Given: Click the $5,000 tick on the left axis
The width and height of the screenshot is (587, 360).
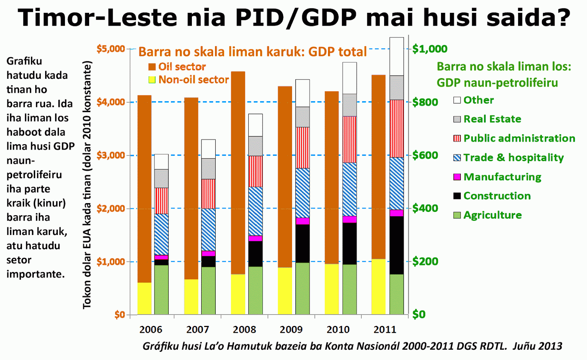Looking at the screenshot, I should point(110,49).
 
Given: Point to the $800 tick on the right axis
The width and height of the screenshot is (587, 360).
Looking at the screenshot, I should point(425,102).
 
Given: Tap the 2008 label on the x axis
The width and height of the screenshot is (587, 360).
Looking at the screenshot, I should point(244,330).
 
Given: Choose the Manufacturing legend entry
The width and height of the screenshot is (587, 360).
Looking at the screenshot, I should point(502,177).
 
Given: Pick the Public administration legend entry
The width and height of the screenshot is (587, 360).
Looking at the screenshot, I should point(519,138).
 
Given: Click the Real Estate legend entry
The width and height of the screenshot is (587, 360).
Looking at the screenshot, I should point(492,119).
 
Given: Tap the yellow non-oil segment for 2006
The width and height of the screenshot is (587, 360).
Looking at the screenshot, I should point(144,298).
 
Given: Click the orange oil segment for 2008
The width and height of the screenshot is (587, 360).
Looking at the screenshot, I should point(238,172).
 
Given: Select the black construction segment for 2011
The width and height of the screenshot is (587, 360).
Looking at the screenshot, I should point(397,245).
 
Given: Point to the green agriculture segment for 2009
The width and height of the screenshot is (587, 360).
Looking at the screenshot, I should point(302,288).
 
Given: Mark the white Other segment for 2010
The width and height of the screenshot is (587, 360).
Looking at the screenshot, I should point(350,78).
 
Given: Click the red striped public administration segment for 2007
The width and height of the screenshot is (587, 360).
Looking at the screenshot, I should point(208,194).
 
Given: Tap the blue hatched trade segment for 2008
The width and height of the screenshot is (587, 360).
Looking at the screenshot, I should point(255,211).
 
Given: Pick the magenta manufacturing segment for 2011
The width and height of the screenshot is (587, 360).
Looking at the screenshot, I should point(397,213).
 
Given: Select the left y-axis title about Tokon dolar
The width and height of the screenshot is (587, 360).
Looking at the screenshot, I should point(87,185).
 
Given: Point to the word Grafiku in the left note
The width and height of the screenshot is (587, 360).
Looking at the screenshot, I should point(24,61).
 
